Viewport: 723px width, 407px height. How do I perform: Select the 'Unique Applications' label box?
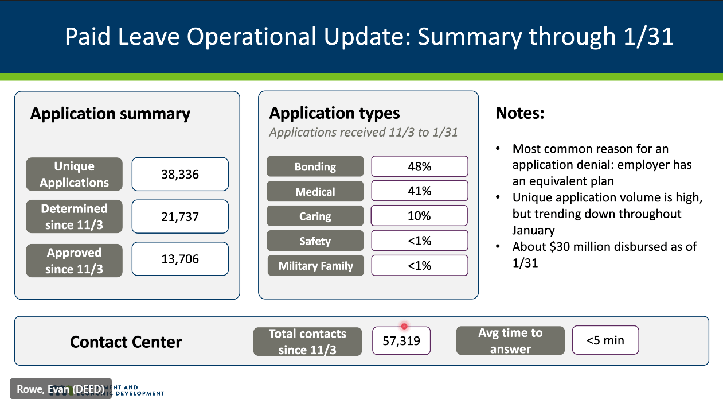click(x=74, y=175)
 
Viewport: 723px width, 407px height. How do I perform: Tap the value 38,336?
click(x=180, y=175)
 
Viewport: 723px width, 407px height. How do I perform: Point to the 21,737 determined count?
click(x=180, y=216)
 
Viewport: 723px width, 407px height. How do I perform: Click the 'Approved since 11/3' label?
click(x=74, y=261)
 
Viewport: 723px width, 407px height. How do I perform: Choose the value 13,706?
click(x=180, y=259)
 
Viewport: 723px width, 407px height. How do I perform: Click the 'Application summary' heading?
click(x=110, y=114)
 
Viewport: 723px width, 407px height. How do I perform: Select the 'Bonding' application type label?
click(x=315, y=167)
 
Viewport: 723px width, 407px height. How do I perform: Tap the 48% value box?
click(x=419, y=167)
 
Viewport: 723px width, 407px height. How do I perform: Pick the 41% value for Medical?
click(x=419, y=192)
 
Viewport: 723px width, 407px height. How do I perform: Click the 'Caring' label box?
click(x=315, y=216)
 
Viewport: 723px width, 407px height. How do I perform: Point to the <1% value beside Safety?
click(x=419, y=241)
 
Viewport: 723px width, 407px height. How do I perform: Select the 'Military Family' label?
click(x=315, y=266)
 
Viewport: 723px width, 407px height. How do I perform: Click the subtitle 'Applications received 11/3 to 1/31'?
click(x=364, y=133)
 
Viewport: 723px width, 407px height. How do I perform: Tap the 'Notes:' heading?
click(x=519, y=113)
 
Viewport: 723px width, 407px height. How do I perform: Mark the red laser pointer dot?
click(x=404, y=326)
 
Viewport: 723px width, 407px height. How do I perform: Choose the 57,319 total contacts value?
click(x=401, y=341)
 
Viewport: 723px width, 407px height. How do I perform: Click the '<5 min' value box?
click(x=605, y=340)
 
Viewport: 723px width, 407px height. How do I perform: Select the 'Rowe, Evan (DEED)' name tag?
click(x=60, y=389)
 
